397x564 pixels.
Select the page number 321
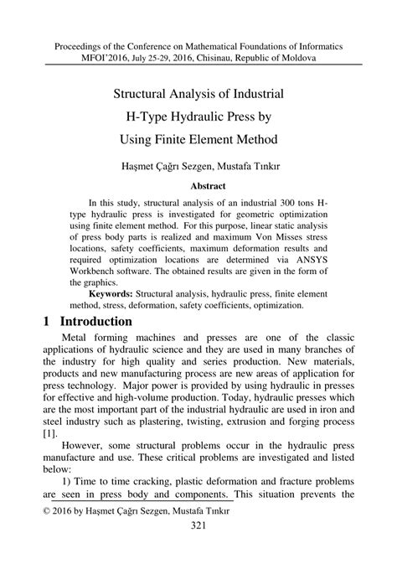coord(198,525)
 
